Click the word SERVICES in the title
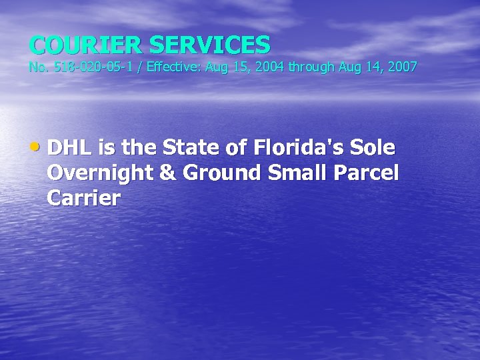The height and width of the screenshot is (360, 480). pyautogui.click(x=209, y=45)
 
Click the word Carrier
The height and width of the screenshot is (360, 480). pyautogui.click(x=84, y=198)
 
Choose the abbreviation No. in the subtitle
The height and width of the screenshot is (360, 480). pyautogui.click(x=39, y=67)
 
